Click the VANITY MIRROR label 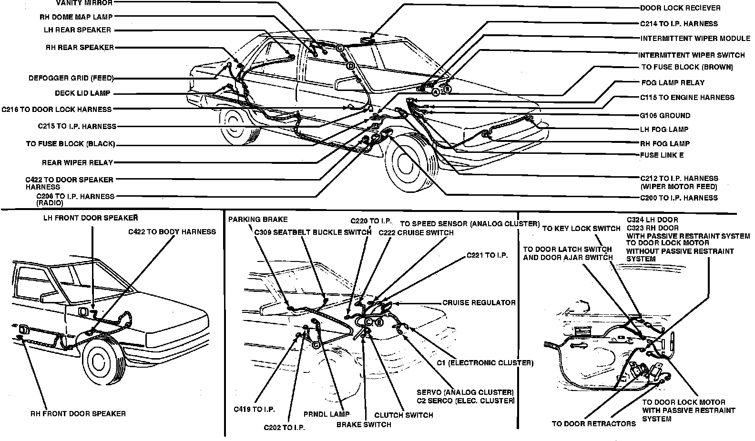(85, 3)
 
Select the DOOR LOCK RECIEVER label (680, 8)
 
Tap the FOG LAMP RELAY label (673, 82)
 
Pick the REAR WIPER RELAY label (77, 163)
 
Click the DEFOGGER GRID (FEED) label (71, 78)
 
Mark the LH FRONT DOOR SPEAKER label (91, 218)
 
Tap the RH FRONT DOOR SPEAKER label (78, 413)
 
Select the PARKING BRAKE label (258, 220)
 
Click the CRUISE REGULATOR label (479, 303)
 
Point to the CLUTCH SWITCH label (404, 415)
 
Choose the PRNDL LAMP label (326, 414)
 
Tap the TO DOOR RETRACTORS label (594, 423)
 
